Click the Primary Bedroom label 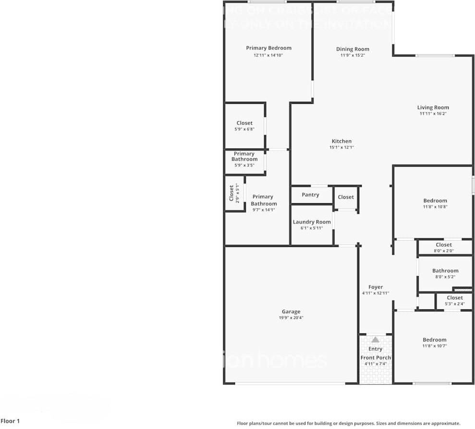point(268,48)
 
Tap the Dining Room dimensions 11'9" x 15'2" point(353,55)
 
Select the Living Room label point(433,108)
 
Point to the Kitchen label point(341,141)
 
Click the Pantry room point(311,195)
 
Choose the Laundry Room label point(312,222)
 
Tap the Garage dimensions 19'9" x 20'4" point(291,318)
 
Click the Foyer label point(375,287)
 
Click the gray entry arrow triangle point(375,340)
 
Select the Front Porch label point(376,357)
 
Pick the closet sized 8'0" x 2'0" point(444,247)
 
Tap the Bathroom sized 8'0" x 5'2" point(445,273)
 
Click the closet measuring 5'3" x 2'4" point(454,300)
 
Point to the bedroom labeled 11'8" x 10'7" point(434,343)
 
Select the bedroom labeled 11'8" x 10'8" point(435,203)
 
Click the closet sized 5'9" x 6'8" point(244,126)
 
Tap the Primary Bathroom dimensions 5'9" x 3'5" point(244,165)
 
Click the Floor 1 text point(11,421)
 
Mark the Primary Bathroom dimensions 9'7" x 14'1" point(264,210)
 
